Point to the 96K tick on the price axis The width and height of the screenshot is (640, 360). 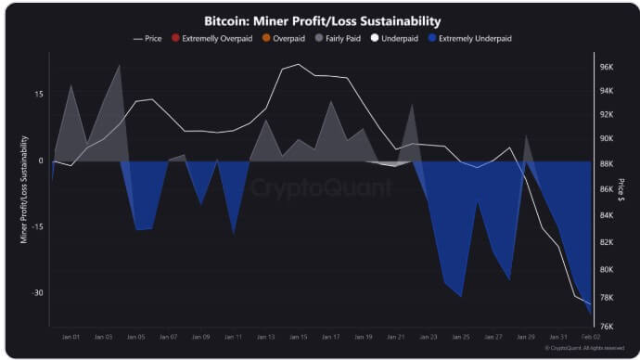coord(608,68)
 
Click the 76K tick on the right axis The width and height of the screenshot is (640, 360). coord(608,327)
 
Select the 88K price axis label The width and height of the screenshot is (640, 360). coord(608,164)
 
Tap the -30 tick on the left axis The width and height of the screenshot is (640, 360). coord(38,293)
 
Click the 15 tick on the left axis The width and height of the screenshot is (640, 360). coord(39,95)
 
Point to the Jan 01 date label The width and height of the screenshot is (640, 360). coord(71,337)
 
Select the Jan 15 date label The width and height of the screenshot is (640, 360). coord(299,337)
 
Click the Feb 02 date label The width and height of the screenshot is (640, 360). coord(590,337)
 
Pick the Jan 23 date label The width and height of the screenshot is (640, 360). coord(429,337)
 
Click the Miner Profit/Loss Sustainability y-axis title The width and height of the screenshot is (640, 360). coord(24,189)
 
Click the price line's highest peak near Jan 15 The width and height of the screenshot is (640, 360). coord(298,65)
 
